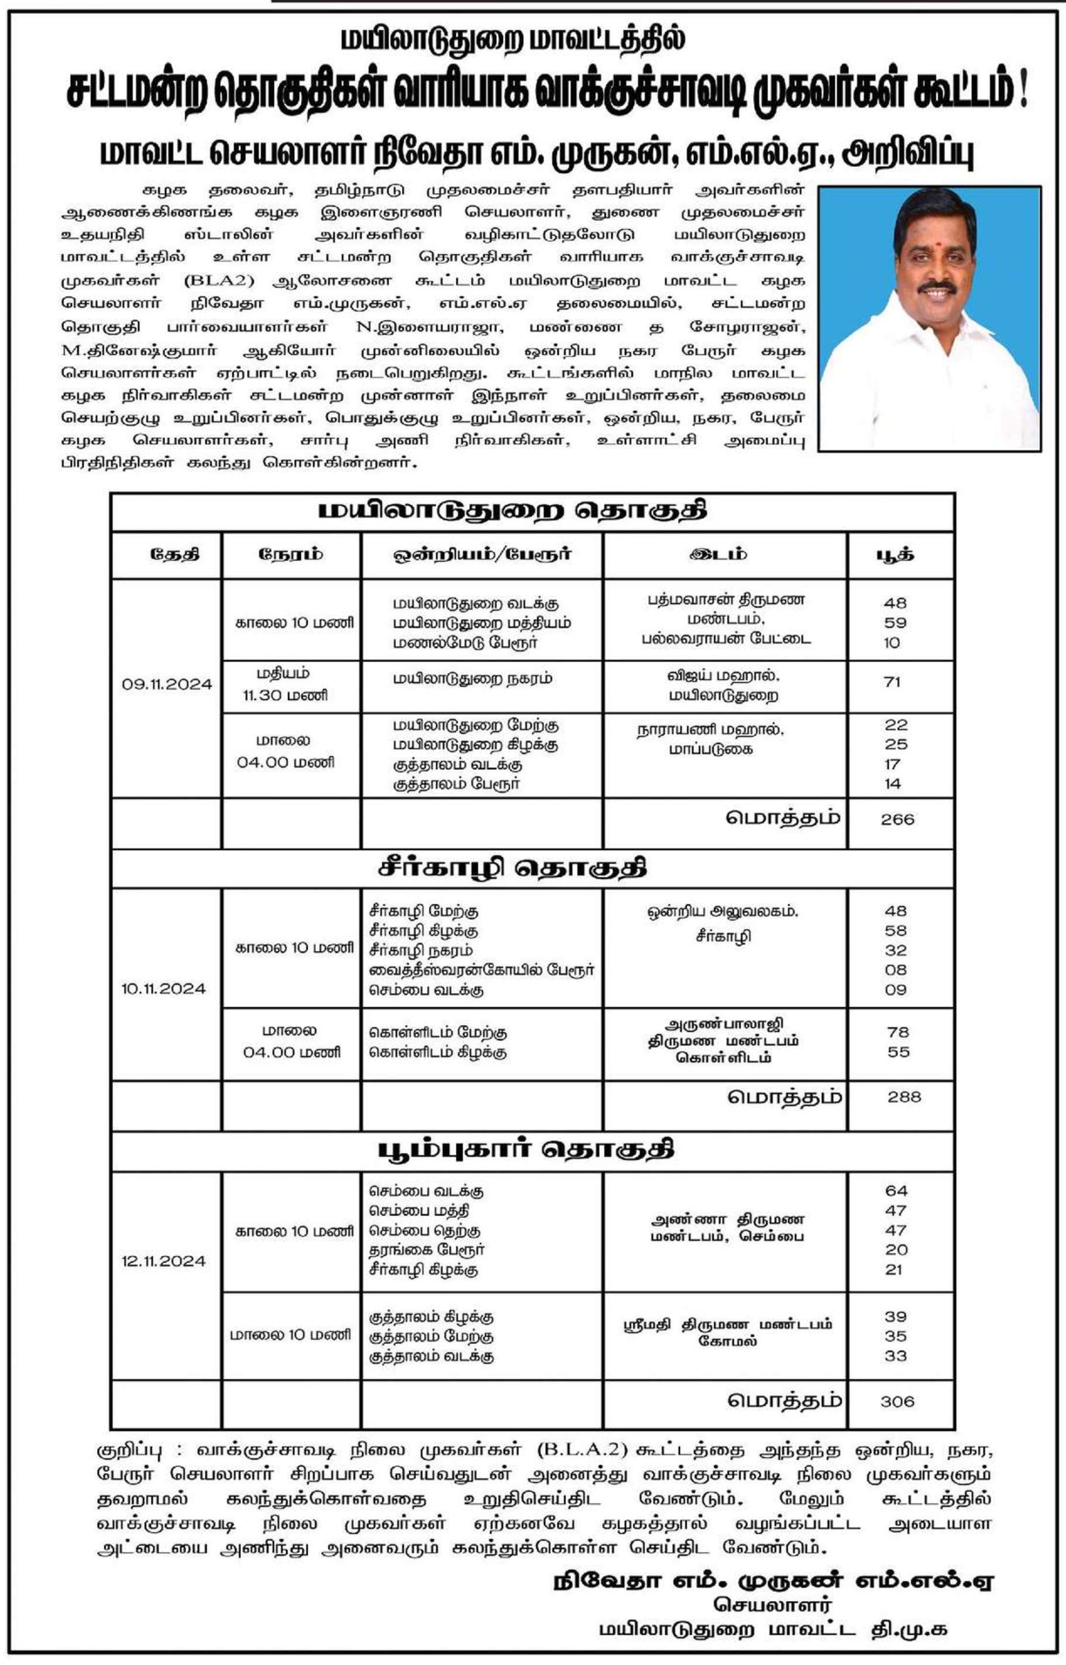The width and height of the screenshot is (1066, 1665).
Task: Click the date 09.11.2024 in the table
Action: (x=167, y=684)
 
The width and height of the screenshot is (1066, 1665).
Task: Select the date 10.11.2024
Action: (x=164, y=988)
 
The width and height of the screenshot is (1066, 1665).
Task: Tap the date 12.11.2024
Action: (x=164, y=1261)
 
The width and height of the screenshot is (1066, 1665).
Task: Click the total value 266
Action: (x=897, y=820)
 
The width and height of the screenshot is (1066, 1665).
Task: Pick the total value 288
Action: (x=904, y=1097)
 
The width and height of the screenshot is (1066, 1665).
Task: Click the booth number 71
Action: (x=892, y=682)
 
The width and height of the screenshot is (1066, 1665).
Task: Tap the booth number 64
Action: (x=896, y=1191)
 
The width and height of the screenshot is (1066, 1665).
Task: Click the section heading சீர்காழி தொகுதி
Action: (x=513, y=869)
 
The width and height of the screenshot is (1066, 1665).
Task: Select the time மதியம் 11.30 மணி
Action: (x=284, y=684)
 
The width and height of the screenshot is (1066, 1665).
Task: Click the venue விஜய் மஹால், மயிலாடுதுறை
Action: (x=723, y=686)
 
